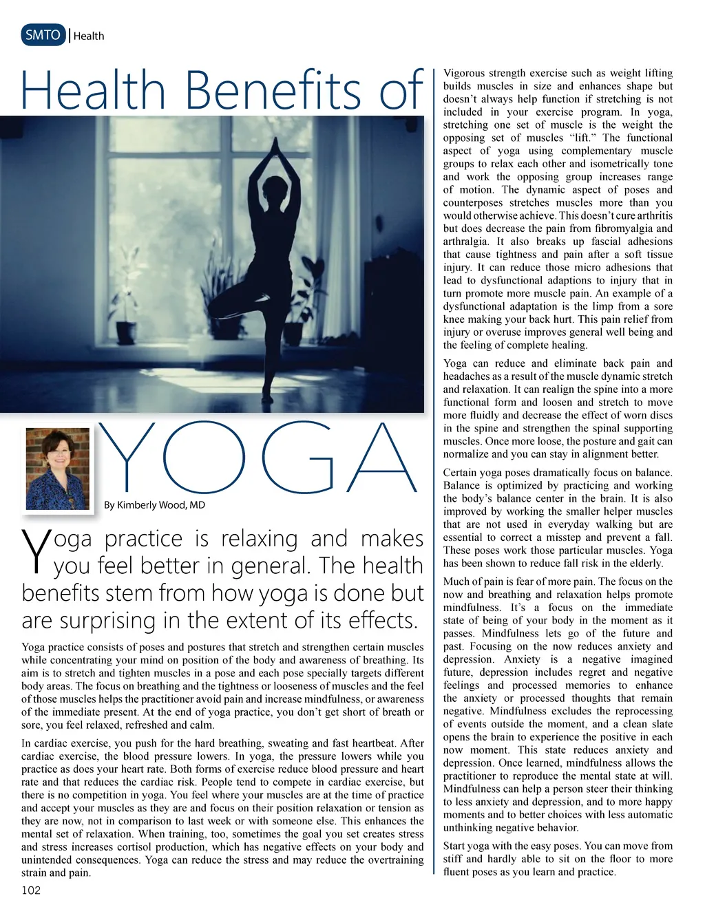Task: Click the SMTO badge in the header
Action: pos(43,35)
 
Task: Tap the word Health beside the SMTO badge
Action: pos(89,36)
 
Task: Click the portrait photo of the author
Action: pos(58,469)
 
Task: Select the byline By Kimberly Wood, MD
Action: pos(154,505)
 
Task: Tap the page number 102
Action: pos(31,890)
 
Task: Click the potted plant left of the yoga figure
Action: pos(126,303)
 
